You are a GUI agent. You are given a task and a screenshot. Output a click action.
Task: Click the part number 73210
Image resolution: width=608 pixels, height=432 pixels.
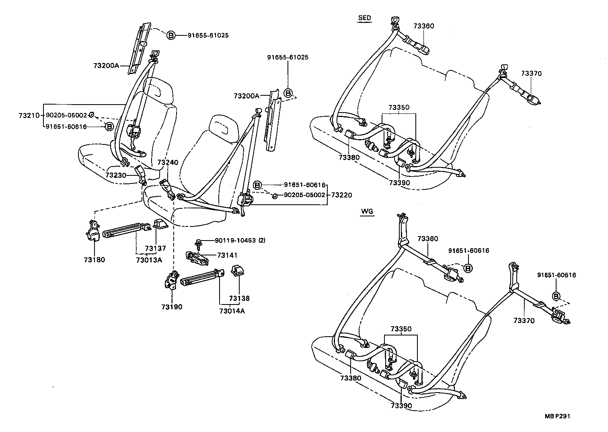(x=29, y=115)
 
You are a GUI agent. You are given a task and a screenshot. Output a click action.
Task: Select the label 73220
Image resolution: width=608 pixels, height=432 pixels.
(x=341, y=195)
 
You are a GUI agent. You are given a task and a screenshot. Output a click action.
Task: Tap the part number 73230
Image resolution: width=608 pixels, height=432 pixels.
(x=116, y=175)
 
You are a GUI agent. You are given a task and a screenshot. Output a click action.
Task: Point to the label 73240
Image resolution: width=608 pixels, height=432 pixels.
(x=168, y=163)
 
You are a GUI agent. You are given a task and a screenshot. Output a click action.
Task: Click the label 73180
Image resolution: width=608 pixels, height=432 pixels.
(x=94, y=260)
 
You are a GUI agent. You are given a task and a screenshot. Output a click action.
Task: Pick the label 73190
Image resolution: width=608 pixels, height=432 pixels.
(x=172, y=307)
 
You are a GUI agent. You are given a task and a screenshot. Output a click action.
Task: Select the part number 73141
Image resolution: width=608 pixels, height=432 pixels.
(x=227, y=255)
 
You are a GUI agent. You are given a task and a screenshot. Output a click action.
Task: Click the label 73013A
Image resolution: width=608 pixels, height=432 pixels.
(x=149, y=260)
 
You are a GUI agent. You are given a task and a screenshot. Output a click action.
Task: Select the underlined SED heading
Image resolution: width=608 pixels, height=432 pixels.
(x=364, y=18)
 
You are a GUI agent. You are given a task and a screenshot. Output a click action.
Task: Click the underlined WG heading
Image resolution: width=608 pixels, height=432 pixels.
(x=367, y=212)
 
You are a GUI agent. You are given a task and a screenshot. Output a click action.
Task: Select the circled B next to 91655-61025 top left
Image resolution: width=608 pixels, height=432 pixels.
(x=171, y=35)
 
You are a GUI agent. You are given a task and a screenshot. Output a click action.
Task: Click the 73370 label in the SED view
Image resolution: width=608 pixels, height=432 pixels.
(x=531, y=74)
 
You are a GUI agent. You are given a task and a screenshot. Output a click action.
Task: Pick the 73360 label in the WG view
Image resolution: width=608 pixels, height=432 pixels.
(x=427, y=239)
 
